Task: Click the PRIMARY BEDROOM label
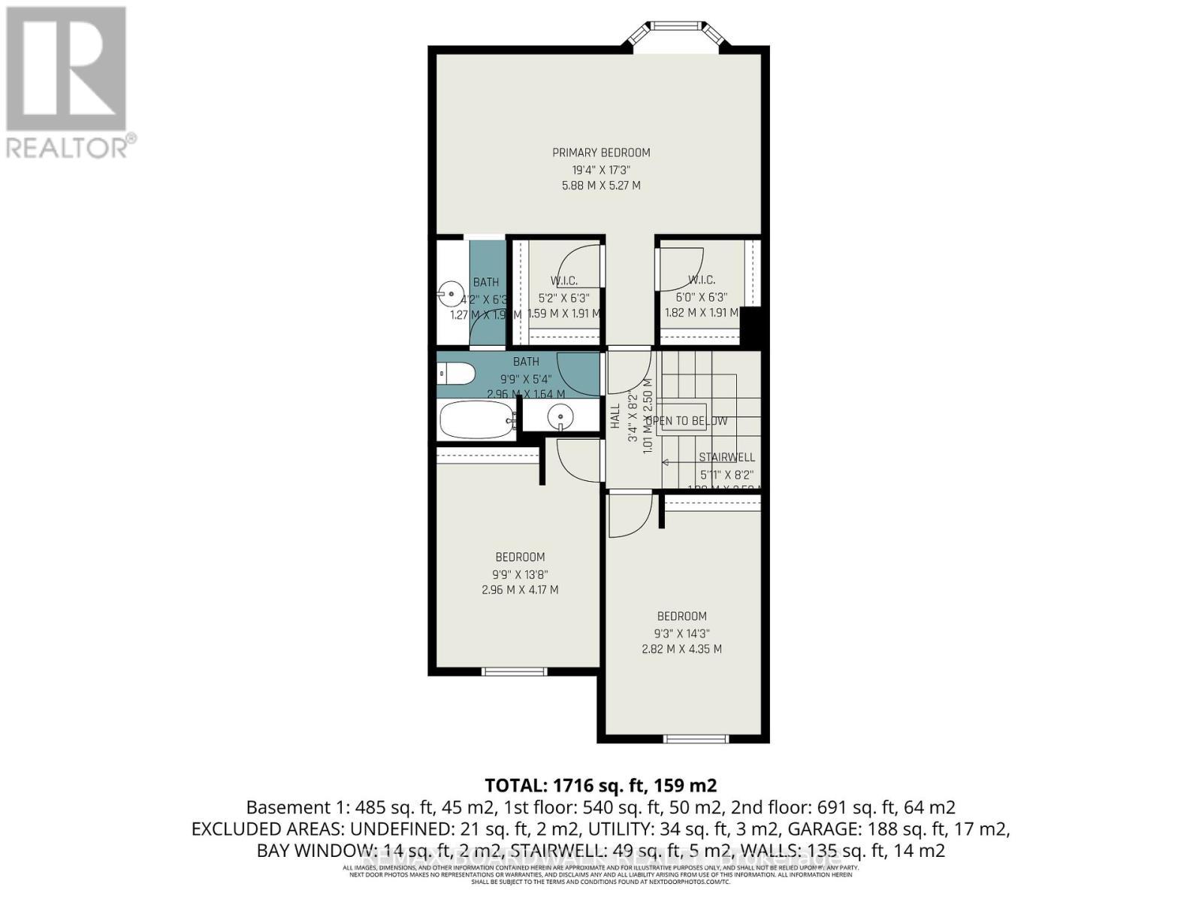tap(601, 153)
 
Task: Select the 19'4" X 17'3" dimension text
tap(601, 169)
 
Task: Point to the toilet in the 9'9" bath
tap(455, 373)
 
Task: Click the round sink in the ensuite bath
tap(452, 291)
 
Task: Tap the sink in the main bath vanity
tap(560, 415)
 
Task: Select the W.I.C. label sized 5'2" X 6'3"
tap(563, 280)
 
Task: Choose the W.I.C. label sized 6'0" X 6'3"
tap(701, 280)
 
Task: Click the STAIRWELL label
tap(726, 457)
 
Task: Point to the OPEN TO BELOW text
tap(687, 421)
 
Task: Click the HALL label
tap(615, 416)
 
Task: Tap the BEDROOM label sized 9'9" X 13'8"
tap(520, 557)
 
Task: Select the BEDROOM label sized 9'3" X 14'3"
tap(681, 616)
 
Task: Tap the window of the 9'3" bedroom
tap(696, 739)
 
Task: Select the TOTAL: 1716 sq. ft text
tap(600, 785)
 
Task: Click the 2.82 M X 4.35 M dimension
tap(681, 649)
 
